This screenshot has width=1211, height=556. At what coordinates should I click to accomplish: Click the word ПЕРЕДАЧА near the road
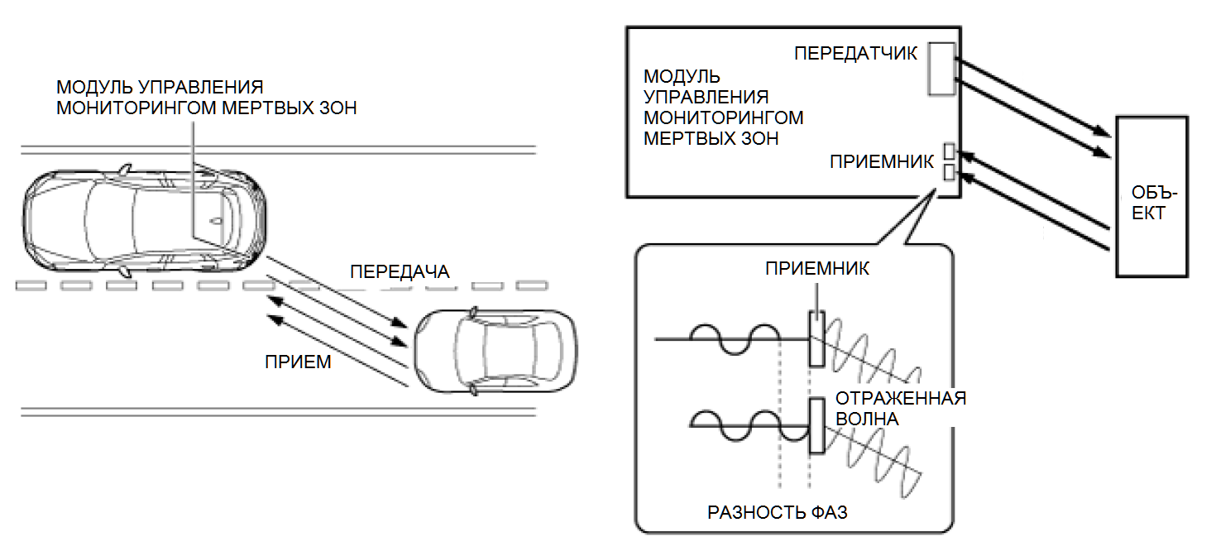click(x=400, y=272)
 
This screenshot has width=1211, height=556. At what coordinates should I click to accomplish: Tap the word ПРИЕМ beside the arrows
click(x=299, y=361)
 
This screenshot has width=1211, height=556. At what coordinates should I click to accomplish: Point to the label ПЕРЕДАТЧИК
click(x=855, y=54)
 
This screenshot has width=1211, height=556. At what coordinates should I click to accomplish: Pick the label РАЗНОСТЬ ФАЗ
click(x=777, y=512)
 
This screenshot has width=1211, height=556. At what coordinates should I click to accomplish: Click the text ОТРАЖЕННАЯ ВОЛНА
click(x=900, y=408)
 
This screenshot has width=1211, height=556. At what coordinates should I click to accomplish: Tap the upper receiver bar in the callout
click(x=816, y=338)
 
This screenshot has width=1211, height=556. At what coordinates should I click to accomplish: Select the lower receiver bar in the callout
click(x=816, y=425)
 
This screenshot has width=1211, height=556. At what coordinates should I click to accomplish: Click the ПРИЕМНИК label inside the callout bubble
click(x=816, y=270)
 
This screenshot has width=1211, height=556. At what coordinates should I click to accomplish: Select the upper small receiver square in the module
click(x=949, y=152)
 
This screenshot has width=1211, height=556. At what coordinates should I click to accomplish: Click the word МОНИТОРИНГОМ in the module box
click(x=723, y=117)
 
